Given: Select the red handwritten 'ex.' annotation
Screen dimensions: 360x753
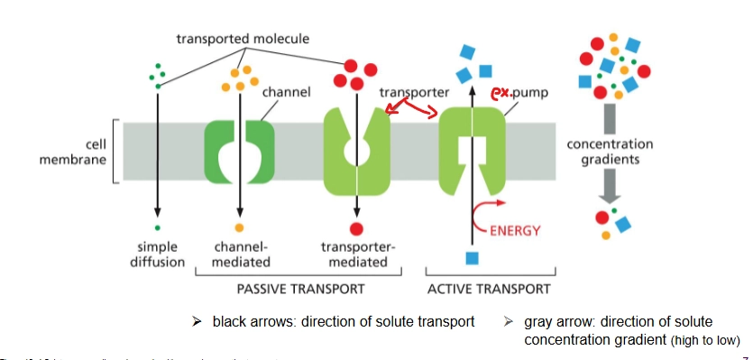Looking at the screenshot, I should (501, 92).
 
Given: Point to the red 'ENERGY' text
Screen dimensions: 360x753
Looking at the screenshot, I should (515, 230).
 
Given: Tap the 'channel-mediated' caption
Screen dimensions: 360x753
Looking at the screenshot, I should (241, 254).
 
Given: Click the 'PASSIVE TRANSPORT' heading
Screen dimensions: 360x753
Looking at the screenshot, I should (300, 290).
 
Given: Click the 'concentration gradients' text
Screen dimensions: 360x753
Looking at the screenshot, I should (610, 152).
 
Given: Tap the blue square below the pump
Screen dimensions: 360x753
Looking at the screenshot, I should (471, 259).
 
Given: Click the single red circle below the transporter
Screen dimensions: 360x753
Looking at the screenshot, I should (356, 228).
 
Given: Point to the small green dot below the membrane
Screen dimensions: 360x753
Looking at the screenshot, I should (157, 227).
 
